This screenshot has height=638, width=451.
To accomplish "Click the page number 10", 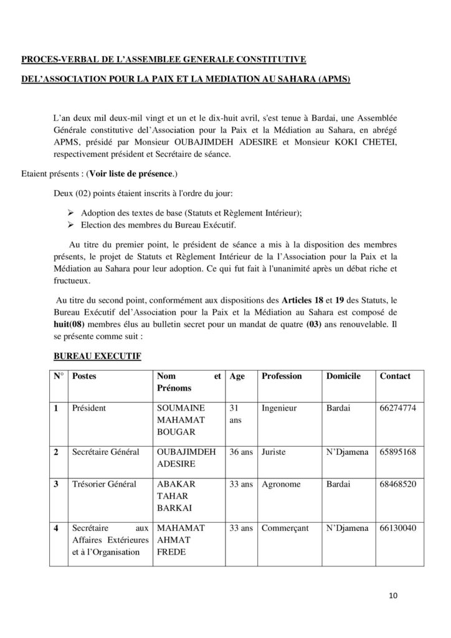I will coord(392,595).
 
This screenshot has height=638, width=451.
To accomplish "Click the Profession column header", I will coord(282,376).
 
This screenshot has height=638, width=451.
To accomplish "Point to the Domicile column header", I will coord(343,376).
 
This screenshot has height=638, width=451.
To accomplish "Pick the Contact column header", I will coord(394,376).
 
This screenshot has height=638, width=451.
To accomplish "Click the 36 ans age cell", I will coord(240,454).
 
